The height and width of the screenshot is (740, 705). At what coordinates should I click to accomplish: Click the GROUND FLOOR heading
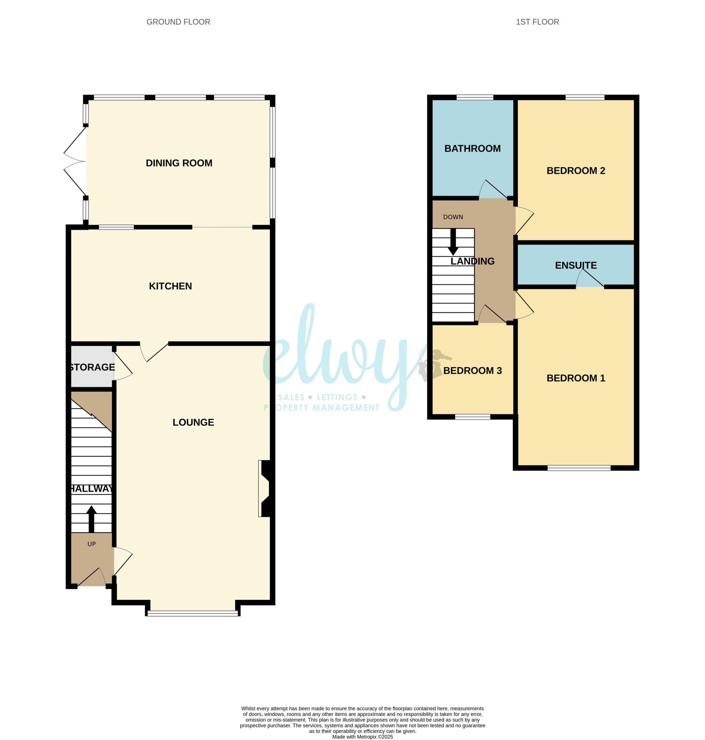pos(178,22)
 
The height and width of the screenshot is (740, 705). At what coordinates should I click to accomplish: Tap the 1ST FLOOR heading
pos(538,22)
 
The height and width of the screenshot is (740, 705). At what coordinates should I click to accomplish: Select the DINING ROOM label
pos(179,163)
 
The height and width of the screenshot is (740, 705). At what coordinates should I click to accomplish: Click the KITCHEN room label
pos(170,286)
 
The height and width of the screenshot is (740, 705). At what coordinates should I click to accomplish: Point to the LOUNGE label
pos(193,422)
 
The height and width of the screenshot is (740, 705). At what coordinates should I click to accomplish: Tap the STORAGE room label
pos(92,367)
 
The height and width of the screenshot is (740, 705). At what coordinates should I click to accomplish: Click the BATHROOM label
pos(472,148)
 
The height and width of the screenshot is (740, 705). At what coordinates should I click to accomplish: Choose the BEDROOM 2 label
pos(576,171)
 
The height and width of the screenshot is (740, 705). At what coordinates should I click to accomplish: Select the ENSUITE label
pos(576,265)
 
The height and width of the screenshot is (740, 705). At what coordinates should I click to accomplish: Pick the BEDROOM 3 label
pos(472,371)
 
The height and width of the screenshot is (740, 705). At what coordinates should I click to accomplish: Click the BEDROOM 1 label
pos(576,378)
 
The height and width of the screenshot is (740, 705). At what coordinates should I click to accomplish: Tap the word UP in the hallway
pos(92,544)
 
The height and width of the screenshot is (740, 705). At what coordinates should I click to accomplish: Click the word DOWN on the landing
pos(453,217)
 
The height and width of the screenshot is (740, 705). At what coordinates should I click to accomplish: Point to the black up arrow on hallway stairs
pos(91,519)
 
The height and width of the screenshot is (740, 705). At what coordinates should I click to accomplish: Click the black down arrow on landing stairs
pos(453,241)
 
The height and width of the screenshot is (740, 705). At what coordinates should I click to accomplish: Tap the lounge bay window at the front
pos(193,613)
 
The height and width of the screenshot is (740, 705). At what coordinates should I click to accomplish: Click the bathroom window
pos(474,97)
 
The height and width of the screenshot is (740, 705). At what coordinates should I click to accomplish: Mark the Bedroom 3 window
pos(472,416)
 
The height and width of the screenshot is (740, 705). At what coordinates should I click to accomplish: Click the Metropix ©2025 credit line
pos(362,736)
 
